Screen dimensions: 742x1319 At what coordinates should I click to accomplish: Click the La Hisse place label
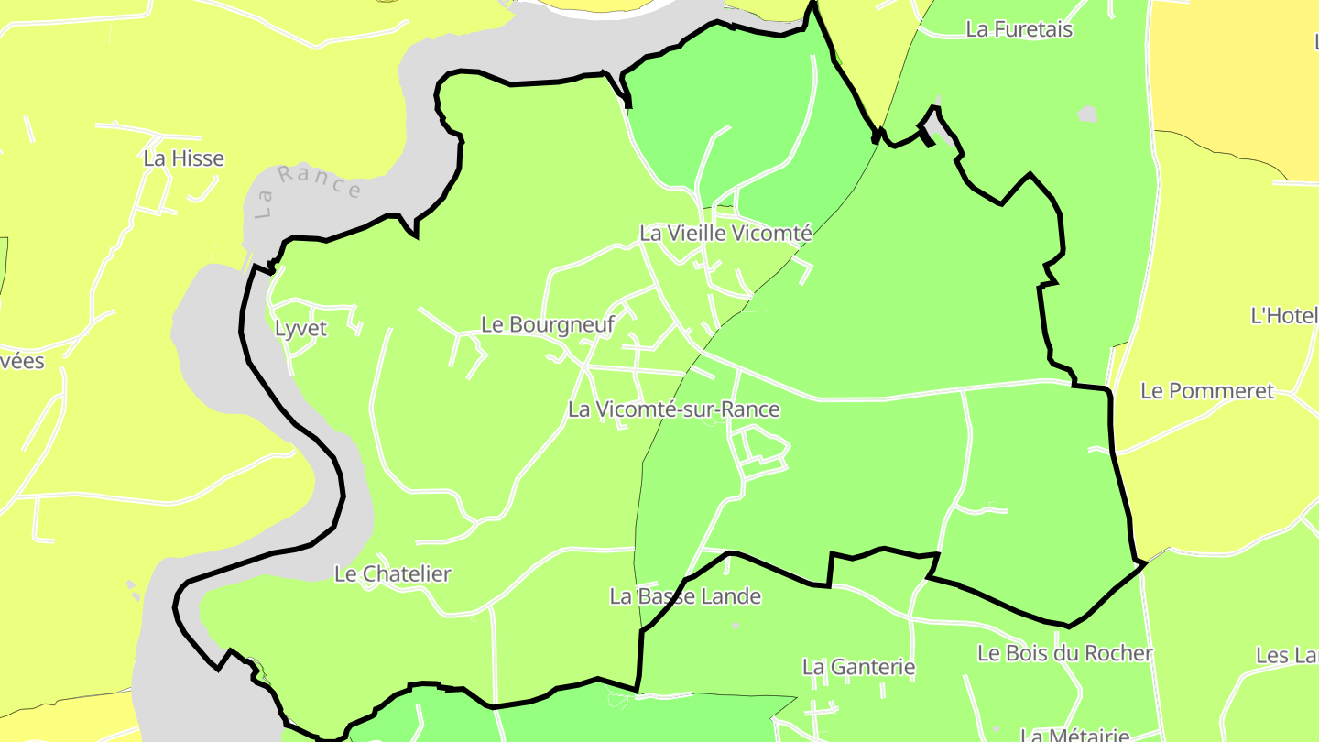coord(183,158)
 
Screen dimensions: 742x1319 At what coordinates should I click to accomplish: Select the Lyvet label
coord(300,329)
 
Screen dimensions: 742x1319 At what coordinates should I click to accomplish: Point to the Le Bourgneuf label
coord(547,324)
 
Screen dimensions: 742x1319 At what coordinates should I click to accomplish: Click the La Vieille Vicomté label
coord(725,234)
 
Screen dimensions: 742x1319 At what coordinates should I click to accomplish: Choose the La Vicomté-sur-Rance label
coord(673,409)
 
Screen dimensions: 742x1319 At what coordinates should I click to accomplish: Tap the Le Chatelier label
coord(393,574)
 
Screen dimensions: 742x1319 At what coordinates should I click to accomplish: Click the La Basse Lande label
coord(685,596)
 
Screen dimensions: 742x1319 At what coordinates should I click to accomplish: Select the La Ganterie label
coord(858,667)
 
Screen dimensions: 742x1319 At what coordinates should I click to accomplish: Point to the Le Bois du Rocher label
coord(1064,653)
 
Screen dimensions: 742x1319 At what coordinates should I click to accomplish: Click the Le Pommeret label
coord(1206,391)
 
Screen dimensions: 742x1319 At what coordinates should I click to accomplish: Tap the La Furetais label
coord(1019,29)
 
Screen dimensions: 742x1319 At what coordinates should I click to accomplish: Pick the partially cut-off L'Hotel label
coord(1284,316)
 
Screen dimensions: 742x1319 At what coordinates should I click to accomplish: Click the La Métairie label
coord(1074,735)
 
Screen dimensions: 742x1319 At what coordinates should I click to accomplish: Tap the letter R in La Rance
coord(287,174)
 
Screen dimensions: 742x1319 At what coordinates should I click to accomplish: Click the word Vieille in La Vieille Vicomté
coord(700,234)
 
